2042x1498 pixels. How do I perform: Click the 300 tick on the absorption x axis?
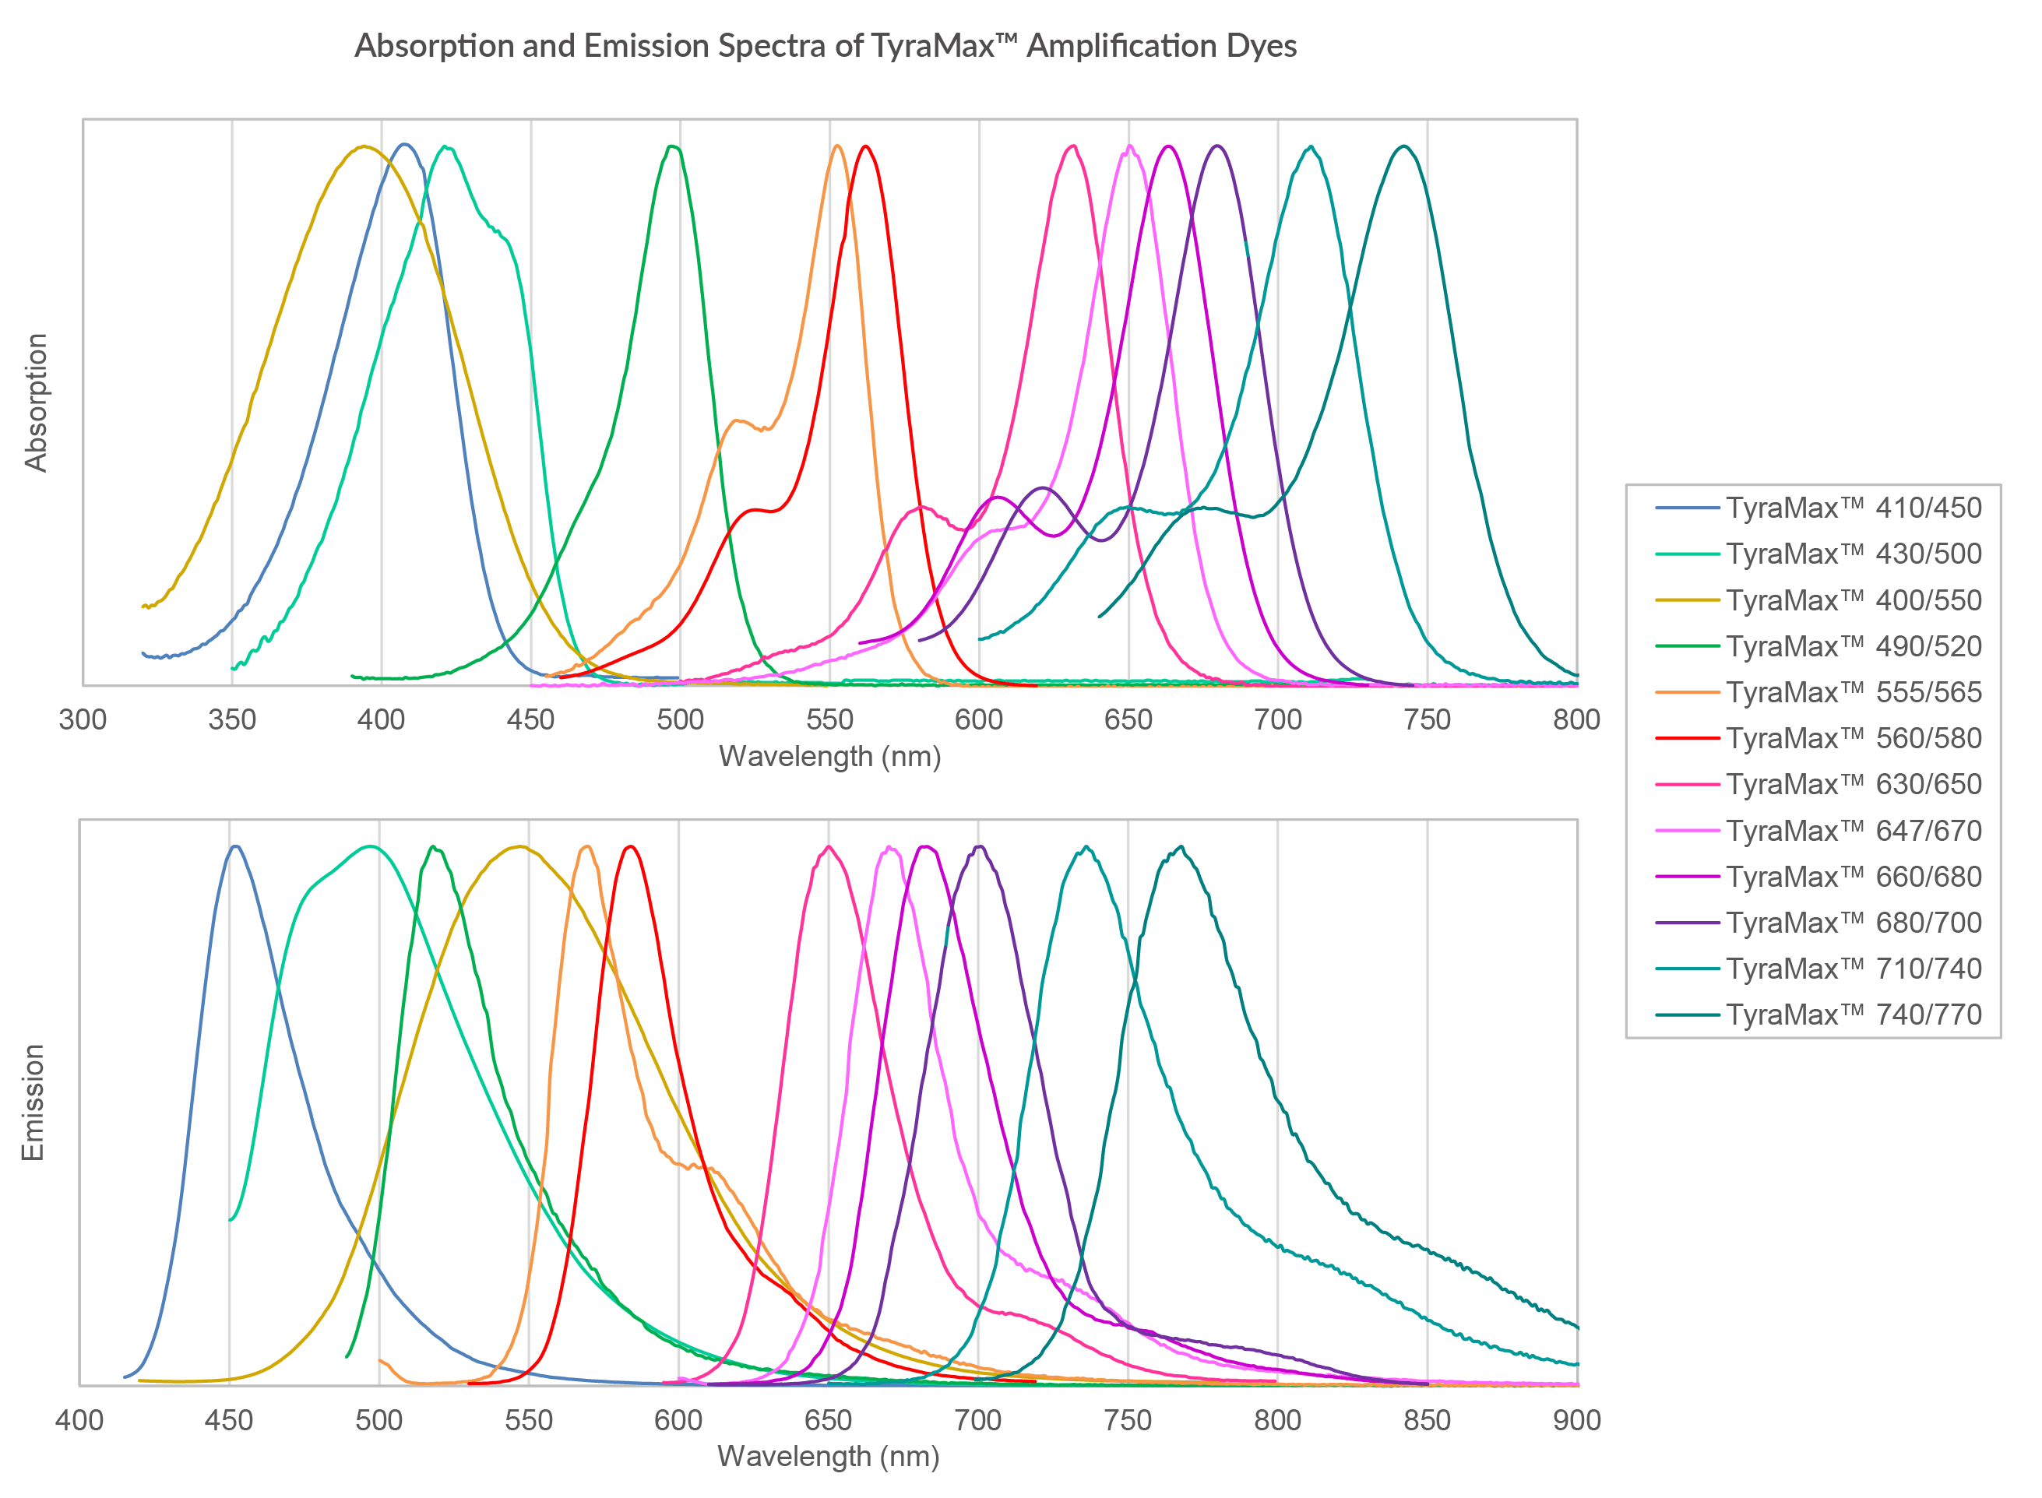pyautogui.click(x=83, y=720)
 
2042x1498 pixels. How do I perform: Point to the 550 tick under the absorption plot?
pyautogui.click(x=829, y=720)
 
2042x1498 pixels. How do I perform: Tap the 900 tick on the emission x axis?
pyautogui.click(x=1576, y=1420)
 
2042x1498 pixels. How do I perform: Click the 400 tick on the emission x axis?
pyautogui.click(x=79, y=1420)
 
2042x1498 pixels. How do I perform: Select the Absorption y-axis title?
pyautogui.click(x=35, y=402)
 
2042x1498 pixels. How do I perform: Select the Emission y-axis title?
pyautogui.click(x=33, y=1102)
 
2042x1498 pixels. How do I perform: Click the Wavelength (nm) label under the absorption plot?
pyautogui.click(x=829, y=756)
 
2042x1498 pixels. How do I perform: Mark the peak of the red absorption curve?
pyautogui.click(x=866, y=146)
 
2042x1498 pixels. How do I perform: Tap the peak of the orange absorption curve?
pyautogui.click(x=837, y=146)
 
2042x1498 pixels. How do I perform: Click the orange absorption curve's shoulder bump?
pyautogui.click(x=738, y=420)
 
